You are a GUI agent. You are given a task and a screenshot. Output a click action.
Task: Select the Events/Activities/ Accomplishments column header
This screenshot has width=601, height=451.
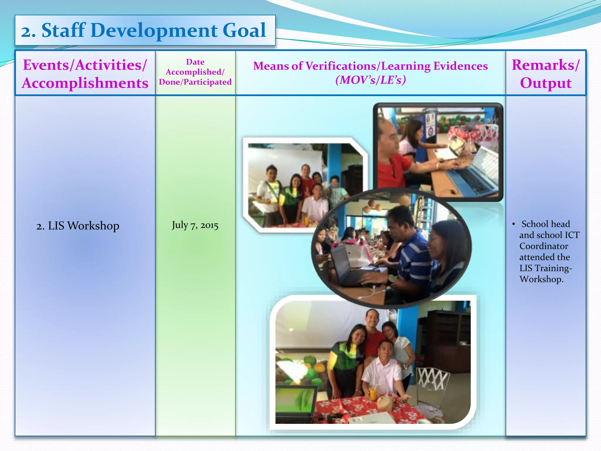coord(85,74)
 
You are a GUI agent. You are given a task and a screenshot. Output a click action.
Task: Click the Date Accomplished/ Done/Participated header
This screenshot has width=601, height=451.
coord(195,72)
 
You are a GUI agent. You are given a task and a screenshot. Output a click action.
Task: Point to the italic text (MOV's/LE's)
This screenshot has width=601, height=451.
coord(371,80)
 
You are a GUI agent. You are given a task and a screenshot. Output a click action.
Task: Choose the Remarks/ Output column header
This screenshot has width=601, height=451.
coord(546,74)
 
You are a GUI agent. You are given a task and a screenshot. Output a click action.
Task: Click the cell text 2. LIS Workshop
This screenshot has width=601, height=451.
coord(78,226)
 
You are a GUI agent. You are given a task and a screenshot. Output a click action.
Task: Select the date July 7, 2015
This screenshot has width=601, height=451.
coord(195,225)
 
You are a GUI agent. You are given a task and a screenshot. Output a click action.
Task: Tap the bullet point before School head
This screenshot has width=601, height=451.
coord(514,224)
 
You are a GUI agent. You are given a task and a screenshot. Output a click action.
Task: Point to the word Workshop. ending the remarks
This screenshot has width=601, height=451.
coord(541,279)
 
